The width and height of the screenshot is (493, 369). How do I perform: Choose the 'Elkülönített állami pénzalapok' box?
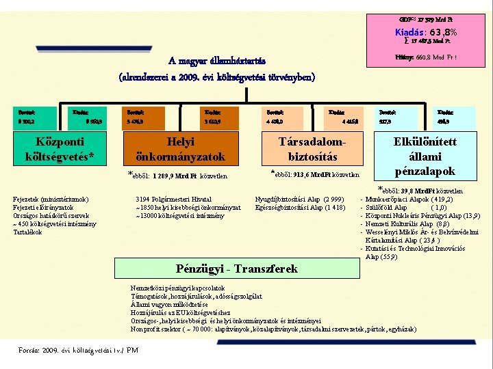425,156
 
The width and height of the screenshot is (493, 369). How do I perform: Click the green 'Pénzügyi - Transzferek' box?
237,269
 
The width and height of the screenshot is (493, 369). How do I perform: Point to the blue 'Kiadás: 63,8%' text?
426,32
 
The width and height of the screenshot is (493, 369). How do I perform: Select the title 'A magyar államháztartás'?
216,61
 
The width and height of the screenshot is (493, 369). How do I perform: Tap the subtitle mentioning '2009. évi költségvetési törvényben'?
216,77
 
